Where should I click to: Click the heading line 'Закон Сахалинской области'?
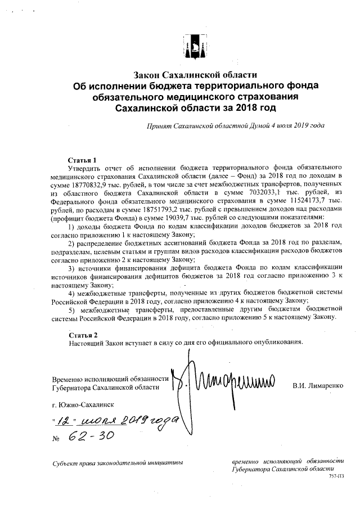(195, 75)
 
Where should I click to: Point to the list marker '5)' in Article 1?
(71, 309)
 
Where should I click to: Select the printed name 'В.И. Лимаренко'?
(318, 386)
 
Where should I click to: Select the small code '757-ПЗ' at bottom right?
(336, 476)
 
